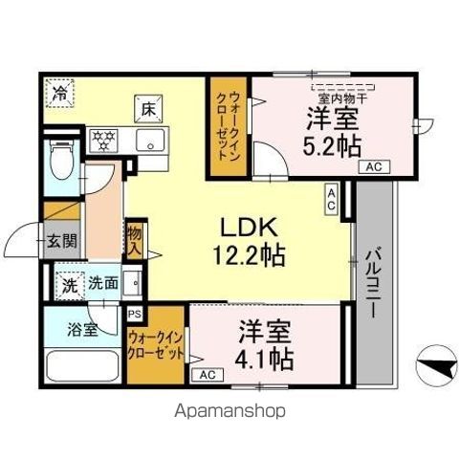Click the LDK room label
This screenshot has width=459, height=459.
tap(250, 229)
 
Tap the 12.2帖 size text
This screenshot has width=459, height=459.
tap(250, 256)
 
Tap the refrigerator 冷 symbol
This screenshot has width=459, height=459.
tap(60, 94)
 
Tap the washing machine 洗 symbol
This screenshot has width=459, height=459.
tap(69, 284)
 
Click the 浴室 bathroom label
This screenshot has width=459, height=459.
tap(81, 331)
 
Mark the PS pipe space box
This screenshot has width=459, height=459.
tap(133, 313)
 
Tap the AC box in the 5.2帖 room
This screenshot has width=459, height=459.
tap(374, 166)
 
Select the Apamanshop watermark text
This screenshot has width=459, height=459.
tap(229, 411)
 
